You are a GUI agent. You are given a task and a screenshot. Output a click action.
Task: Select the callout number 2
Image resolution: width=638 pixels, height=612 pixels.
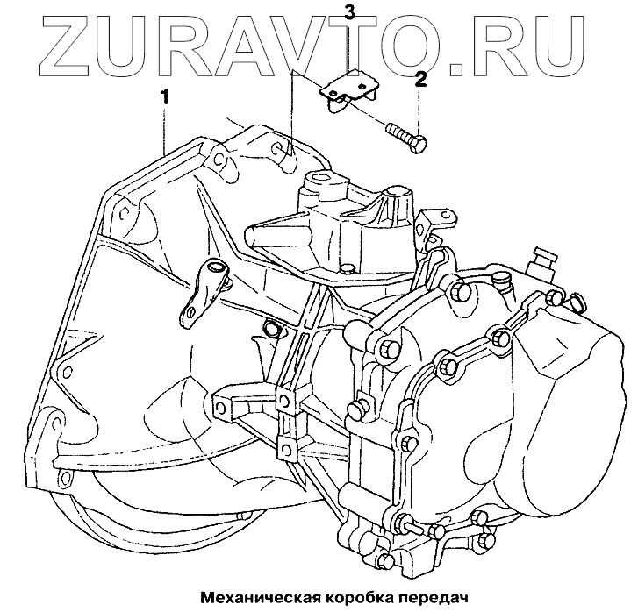420,82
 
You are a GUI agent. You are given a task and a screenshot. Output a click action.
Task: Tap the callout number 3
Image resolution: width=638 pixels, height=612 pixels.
349,12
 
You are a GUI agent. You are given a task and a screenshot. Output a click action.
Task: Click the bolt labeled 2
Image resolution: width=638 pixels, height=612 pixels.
405,137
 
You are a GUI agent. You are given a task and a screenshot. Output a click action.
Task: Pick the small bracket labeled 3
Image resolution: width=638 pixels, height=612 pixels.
349,90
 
